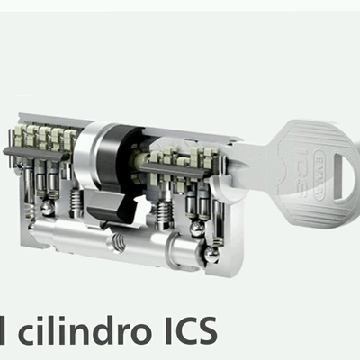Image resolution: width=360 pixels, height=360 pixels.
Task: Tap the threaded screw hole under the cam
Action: pos(117,240)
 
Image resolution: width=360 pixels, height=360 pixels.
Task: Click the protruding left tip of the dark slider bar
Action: pos(10,162)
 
